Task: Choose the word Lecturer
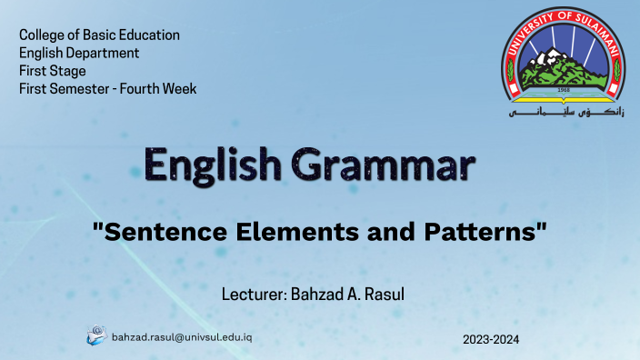252,295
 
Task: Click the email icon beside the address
96,335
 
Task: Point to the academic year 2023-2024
490,339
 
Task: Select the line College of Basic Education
99,35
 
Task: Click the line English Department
79,53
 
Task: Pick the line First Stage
53,71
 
